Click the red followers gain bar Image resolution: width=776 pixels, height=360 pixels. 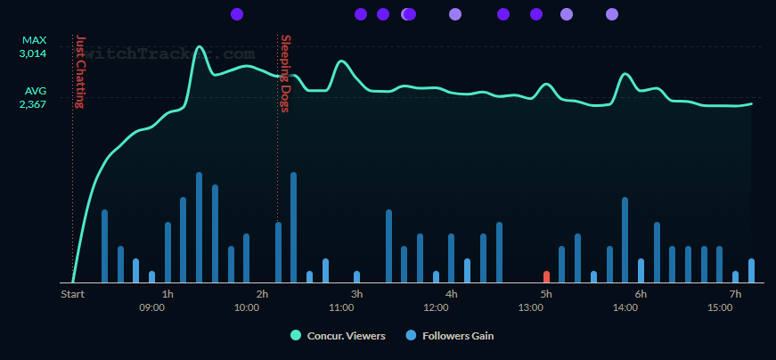pyautogui.click(x=546, y=276)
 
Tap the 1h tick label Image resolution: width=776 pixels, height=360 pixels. pyautogui.click(x=167, y=294)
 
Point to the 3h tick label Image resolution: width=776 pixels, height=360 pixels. pyautogui.click(x=356, y=294)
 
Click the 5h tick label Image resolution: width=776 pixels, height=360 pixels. pyautogui.click(x=546, y=294)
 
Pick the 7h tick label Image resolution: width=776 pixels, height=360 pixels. pyautogui.click(x=735, y=294)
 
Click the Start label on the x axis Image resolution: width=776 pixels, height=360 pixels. pyautogui.click(x=72, y=294)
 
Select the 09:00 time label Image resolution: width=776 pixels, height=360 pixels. pyautogui.click(x=151, y=307)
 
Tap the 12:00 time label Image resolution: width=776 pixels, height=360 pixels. pyautogui.click(x=436, y=307)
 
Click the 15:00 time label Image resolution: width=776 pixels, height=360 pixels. pyautogui.click(x=720, y=307)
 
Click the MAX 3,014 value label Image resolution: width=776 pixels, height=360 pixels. pyautogui.click(x=33, y=47)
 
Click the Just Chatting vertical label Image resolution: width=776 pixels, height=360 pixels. pyautogui.click(x=79, y=71)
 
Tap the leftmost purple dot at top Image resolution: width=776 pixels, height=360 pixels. pyautogui.click(x=237, y=14)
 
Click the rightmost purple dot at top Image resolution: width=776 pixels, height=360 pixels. pyautogui.click(x=612, y=14)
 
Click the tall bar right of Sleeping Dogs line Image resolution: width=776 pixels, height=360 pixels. pyautogui.click(x=293, y=227)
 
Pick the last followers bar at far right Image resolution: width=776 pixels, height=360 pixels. pyautogui.click(x=751, y=270)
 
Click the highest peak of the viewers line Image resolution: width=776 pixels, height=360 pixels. pyautogui.click(x=199, y=47)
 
